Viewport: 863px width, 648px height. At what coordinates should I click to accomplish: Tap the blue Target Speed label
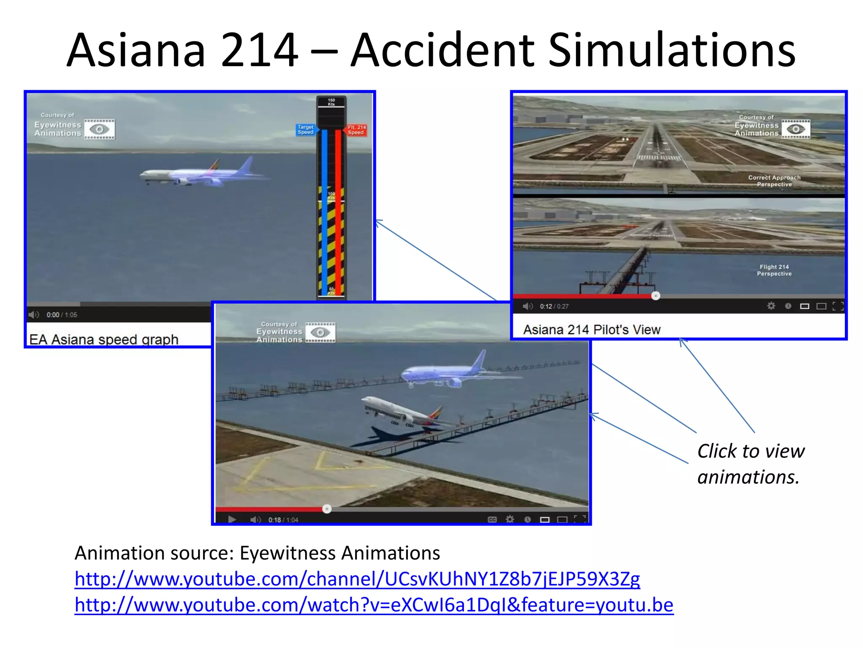click(306, 130)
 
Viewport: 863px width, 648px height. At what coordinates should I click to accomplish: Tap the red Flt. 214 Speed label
click(356, 130)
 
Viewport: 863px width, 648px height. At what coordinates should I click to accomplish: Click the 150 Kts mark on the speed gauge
click(331, 102)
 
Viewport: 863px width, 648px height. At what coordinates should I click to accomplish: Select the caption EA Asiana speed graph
click(104, 339)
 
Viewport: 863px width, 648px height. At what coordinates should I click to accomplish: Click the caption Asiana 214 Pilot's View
click(592, 329)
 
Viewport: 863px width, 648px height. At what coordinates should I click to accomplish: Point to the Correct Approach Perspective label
click(775, 181)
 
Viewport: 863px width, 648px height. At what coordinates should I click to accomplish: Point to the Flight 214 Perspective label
click(774, 270)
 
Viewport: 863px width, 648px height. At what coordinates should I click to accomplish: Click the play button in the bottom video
click(232, 519)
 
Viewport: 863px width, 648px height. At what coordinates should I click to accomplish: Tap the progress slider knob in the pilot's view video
click(655, 296)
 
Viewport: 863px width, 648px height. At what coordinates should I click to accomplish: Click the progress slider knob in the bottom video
click(327, 509)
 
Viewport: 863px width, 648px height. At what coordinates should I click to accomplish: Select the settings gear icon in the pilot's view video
click(771, 306)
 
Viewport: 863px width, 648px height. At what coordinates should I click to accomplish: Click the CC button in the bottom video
click(492, 519)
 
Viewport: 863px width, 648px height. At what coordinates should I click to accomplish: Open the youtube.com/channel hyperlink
click(357, 579)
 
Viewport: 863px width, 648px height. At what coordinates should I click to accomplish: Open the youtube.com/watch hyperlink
click(374, 605)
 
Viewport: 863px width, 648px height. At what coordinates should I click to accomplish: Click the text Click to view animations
click(750, 464)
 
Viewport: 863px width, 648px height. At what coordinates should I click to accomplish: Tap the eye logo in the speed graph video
click(99, 129)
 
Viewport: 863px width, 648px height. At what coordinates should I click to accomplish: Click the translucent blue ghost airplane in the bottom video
click(442, 372)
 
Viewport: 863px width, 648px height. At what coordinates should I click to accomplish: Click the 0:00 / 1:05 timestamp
click(62, 315)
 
